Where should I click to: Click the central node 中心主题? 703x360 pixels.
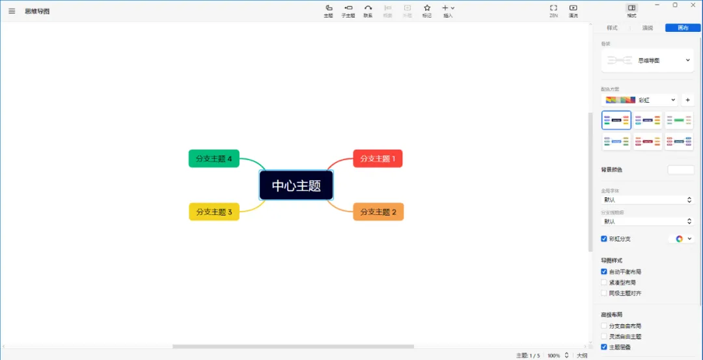click(x=296, y=186)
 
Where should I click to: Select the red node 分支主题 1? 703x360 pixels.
click(x=378, y=159)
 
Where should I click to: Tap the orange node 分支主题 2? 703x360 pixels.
click(x=378, y=212)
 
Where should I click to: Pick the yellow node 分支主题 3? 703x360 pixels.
click(x=214, y=212)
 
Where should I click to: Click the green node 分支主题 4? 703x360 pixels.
click(x=214, y=158)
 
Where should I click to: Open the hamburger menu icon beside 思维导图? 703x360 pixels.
click(x=12, y=11)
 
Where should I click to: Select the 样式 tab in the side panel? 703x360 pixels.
click(x=612, y=28)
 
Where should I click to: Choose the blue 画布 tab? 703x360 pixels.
click(x=683, y=28)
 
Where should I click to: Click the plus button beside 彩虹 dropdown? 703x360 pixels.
click(x=688, y=100)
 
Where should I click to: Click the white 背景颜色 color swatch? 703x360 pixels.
click(x=681, y=170)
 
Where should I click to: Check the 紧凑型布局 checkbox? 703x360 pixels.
click(x=604, y=283)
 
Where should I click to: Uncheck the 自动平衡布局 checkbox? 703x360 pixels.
click(x=604, y=271)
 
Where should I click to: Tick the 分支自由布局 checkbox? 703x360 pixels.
click(x=604, y=325)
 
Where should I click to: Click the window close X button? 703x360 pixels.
click(x=691, y=5)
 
